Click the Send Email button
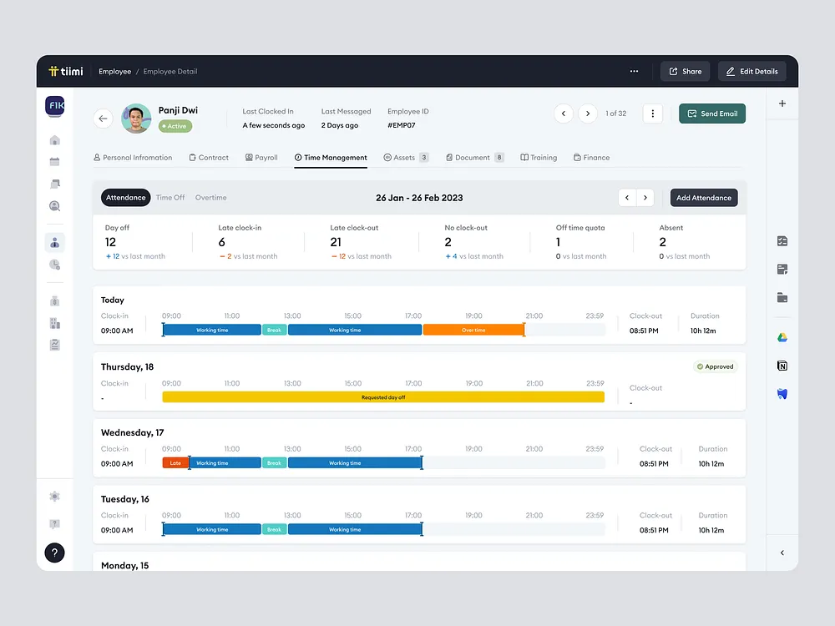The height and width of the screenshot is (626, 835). point(712,114)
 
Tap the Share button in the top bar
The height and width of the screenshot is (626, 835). point(685,72)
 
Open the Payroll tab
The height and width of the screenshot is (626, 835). point(261,158)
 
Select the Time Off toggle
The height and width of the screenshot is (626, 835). point(170,198)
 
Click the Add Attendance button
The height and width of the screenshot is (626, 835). point(703,198)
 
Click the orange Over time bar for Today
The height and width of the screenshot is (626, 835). point(473,330)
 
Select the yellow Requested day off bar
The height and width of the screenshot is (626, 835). point(383,397)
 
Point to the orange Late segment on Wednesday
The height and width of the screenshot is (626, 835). point(175,463)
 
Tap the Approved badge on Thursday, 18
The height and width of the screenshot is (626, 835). point(715,366)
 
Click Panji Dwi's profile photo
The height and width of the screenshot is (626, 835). point(136,119)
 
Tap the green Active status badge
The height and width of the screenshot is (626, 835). point(175,126)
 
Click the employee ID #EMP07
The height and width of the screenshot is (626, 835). point(401,125)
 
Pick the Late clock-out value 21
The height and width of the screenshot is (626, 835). point(336,242)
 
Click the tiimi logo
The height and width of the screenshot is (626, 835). point(66,72)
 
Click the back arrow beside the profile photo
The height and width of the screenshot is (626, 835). point(103,119)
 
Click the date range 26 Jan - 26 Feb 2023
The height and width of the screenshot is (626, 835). point(419,198)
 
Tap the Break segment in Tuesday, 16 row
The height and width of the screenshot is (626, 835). point(274,529)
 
